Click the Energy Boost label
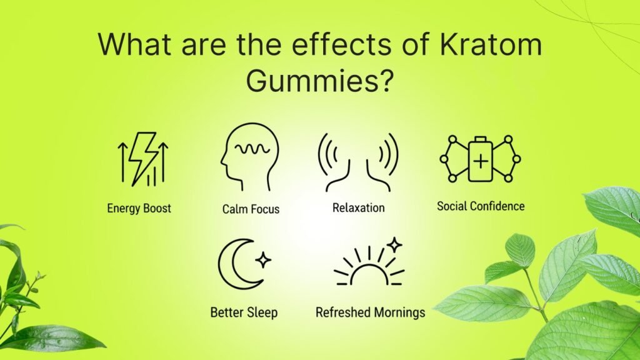pyautogui.click(x=139, y=208)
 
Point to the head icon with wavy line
pyautogui.click(x=248, y=157)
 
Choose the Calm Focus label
pyautogui.click(x=251, y=209)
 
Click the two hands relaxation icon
pyautogui.click(x=358, y=161)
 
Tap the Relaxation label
pyautogui.click(x=358, y=208)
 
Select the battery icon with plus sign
pyautogui.click(x=480, y=159)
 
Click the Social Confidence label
pyautogui.click(x=481, y=206)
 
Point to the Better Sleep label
pyautogui.click(x=244, y=311)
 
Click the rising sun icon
pyautogui.click(x=369, y=266)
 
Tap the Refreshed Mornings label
pyautogui.click(x=370, y=312)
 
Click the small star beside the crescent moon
pyautogui.click(x=264, y=259)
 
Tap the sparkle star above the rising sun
pyautogui.click(x=394, y=244)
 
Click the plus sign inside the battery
pyautogui.click(x=480, y=161)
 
